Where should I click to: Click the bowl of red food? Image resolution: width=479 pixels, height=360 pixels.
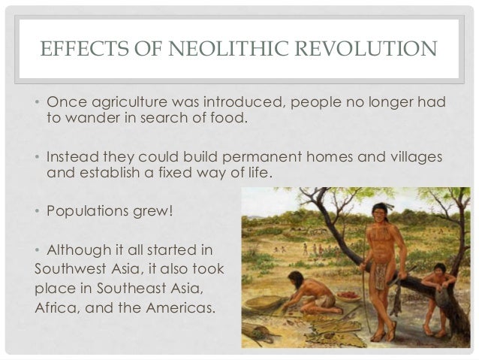347,296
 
